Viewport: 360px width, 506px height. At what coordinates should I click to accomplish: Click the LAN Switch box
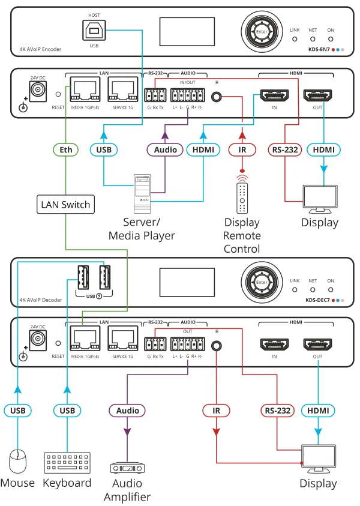pyautogui.click(x=65, y=205)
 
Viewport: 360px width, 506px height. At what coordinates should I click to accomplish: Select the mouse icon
pyautogui.click(x=17, y=462)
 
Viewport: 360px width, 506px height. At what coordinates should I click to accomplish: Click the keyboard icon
pyautogui.click(x=67, y=463)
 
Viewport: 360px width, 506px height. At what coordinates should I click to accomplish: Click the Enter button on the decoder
pyautogui.click(x=261, y=282)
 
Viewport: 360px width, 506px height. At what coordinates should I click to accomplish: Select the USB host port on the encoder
pyautogui.click(x=94, y=28)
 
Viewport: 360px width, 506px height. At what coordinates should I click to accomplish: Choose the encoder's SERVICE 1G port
pyautogui.click(x=123, y=92)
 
